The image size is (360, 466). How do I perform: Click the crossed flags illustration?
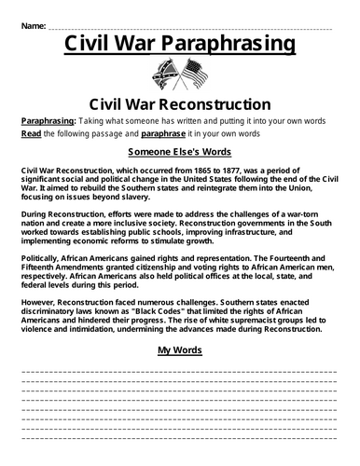(x=179, y=75)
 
